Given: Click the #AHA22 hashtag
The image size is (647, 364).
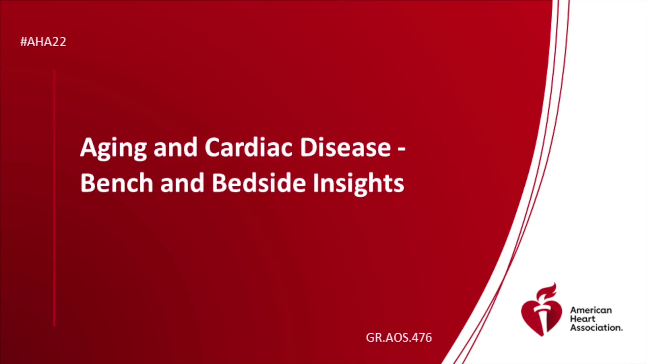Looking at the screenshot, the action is [43, 42].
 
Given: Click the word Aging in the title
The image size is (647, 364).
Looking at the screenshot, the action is [114, 148].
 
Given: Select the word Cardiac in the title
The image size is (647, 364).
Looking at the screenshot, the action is [249, 147].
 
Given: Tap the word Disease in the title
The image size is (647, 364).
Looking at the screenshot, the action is [345, 147].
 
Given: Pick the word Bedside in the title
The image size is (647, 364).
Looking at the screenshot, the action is [258, 183].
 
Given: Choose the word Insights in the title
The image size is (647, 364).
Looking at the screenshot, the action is [358, 184].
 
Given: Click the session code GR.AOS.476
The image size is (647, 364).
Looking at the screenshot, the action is [399, 337].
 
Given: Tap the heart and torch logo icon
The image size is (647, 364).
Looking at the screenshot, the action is [542, 310].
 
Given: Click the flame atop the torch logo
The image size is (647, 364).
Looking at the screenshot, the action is [547, 292].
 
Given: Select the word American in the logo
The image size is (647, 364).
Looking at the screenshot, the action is [591, 310].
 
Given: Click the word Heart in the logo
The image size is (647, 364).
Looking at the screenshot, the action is [583, 319].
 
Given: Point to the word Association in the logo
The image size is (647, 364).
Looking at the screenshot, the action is [596, 328].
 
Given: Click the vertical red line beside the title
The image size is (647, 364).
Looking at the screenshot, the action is [54, 198].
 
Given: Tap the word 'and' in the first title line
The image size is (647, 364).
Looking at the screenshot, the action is [175, 147].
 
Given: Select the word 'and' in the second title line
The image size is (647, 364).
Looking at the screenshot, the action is [182, 183].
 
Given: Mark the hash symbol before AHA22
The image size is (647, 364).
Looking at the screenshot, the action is [24, 42].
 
